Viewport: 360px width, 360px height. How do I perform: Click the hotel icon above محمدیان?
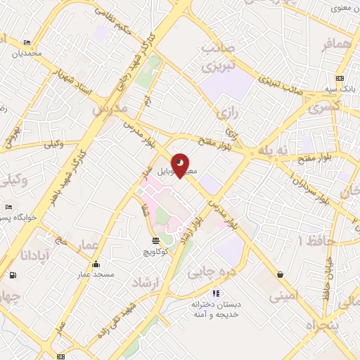(27, 43)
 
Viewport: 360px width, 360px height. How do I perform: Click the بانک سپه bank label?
(340, 89)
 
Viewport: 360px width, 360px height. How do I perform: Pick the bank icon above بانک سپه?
(340, 78)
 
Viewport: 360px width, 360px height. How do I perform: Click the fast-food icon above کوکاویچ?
(155, 240)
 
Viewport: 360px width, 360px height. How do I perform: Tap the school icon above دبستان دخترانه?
(217, 292)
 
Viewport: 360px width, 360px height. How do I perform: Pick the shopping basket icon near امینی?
(281, 274)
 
